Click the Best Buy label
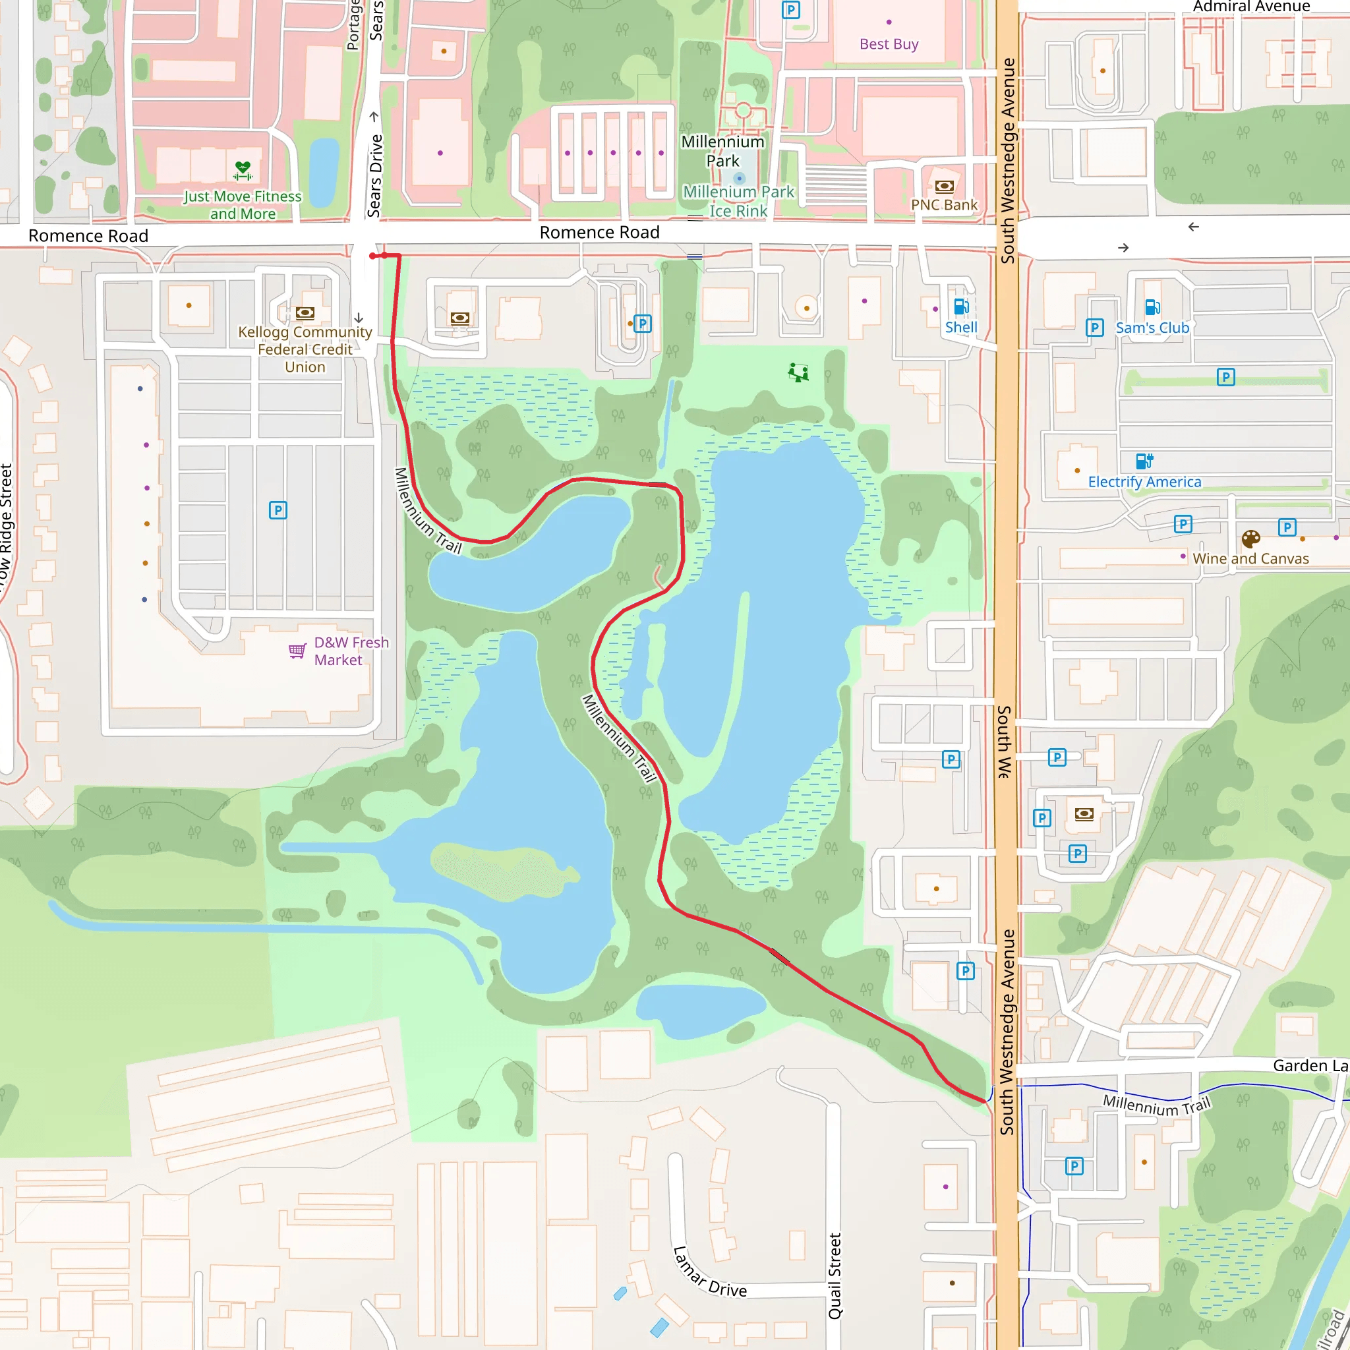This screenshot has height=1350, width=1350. click(x=888, y=44)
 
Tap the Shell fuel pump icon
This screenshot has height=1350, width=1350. click(x=961, y=307)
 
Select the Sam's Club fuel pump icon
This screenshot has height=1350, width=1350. click(x=1152, y=307)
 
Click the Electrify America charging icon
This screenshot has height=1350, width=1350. click(x=1144, y=461)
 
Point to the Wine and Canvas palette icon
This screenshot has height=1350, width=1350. click(x=1250, y=539)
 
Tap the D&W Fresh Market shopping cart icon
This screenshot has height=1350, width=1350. click(x=297, y=651)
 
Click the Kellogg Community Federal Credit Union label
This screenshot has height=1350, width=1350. click(x=305, y=349)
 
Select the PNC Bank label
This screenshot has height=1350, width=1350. click(x=944, y=205)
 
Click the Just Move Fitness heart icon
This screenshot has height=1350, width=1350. click(x=243, y=170)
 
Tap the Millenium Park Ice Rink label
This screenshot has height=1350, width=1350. click(x=738, y=201)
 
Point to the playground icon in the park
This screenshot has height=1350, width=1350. click(x=798, y=372)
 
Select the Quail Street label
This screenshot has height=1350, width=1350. click(x=835, y=1276)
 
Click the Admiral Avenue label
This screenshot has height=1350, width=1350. click(x=1250, y=7)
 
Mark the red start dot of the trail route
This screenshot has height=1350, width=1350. click(x=372, y=256)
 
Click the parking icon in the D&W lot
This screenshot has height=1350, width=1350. click(x=278, y=510)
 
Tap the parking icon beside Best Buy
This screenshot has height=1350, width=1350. click(x=790, y=11)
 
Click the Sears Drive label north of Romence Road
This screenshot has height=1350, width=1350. click(x=375, y=175)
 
